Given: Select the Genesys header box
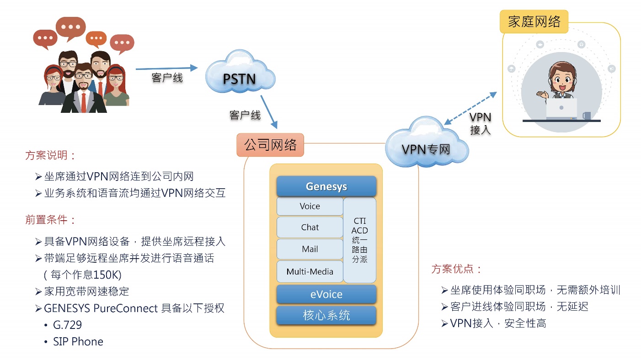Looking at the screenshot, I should point(326,186).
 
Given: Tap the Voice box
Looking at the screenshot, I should point(310,206).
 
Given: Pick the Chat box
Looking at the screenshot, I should point(310,228).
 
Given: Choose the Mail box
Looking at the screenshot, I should point(310,249).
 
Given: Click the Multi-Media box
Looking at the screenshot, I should point(310,272).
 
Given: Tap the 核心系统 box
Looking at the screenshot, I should point(326,315).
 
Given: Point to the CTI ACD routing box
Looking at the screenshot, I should point(359,240).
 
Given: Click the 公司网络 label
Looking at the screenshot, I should point(270,145).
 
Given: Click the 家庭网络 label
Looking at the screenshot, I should point(534,21).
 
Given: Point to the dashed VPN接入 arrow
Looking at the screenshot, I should point(470,108).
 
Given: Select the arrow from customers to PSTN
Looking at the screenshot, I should point(166,69).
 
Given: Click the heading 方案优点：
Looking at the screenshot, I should point(456,269).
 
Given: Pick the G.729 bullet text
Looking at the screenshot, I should point(67,325).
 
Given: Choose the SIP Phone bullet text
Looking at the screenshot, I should point(78,342).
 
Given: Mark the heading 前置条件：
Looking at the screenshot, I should point(50,220).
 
